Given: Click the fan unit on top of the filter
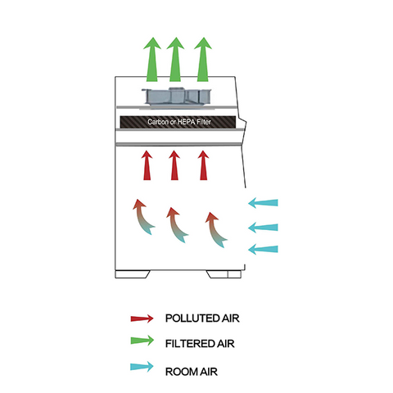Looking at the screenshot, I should (175, 96).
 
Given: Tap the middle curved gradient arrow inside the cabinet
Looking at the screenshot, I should (174, 224).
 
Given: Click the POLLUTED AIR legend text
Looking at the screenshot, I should (201, 318).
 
